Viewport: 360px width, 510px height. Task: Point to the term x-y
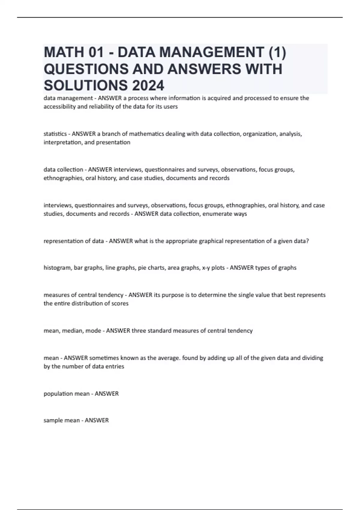point(205,268)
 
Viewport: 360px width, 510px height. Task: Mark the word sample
point(52,420)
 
